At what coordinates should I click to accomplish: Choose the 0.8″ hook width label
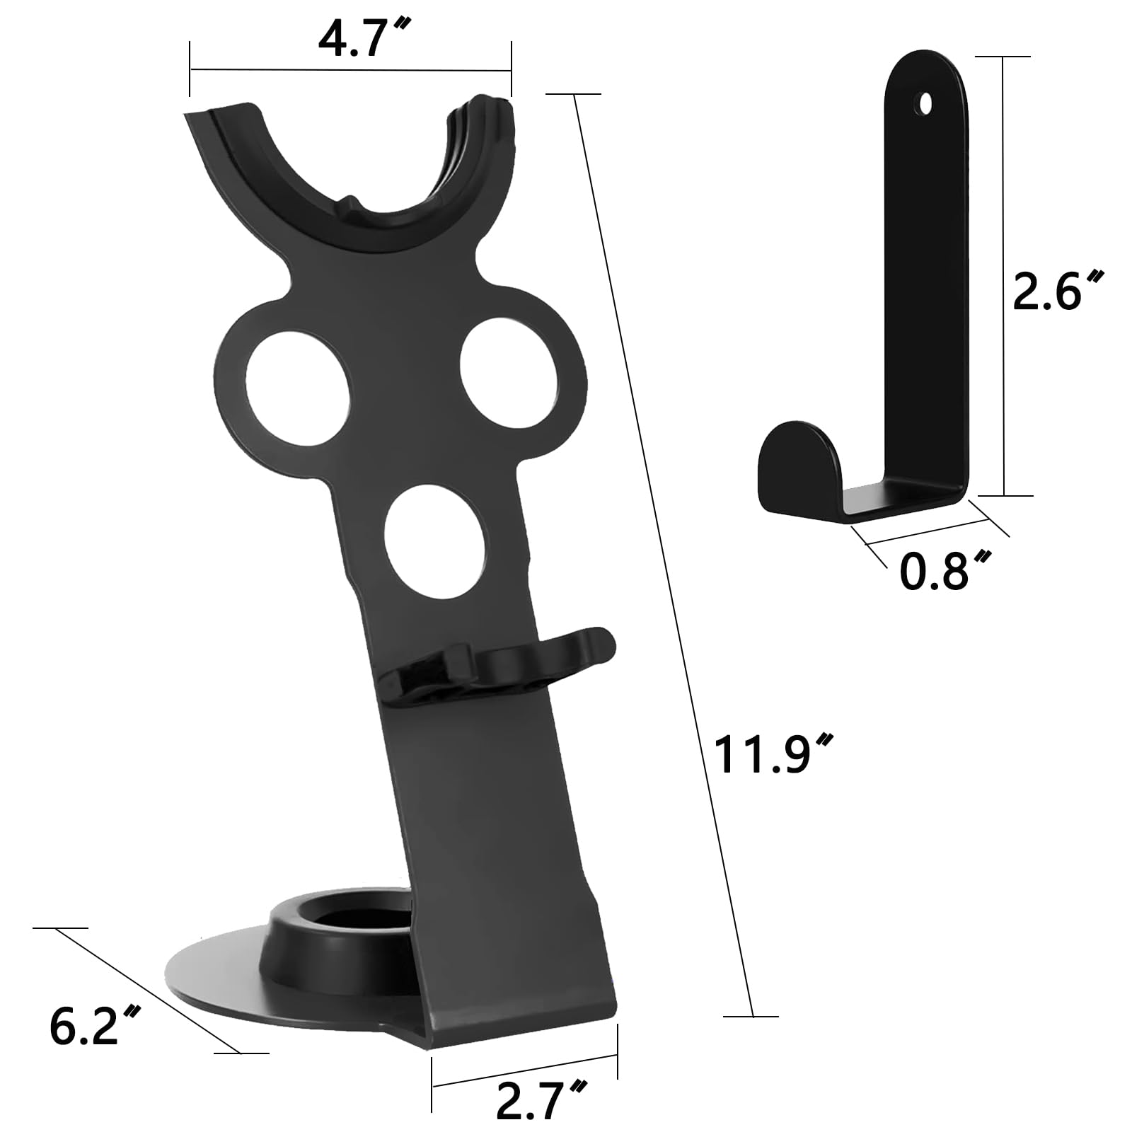pos(944,571)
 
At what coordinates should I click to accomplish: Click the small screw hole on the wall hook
pos(925,104)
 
